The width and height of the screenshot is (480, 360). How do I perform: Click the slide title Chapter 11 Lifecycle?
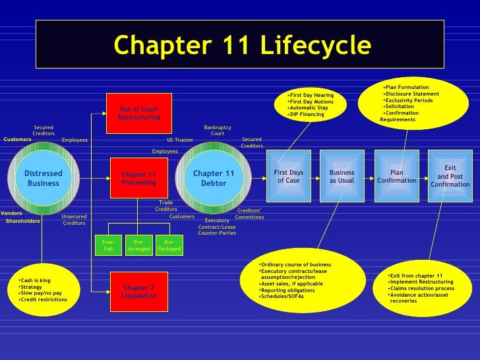click(242, 45)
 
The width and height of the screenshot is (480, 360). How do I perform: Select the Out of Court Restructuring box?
click(138, 113)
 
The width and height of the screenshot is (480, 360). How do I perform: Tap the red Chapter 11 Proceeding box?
click(138, 178)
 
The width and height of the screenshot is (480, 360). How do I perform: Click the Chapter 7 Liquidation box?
click(138, 292)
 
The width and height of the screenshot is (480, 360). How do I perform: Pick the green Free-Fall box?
click(108, 245)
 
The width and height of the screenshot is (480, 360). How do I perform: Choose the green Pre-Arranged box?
click(138, 245)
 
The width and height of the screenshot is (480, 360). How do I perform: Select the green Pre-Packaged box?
click(169, 245)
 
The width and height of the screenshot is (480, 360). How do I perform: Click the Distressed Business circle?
click(44, 178)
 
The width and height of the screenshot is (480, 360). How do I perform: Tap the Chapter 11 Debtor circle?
click(213, 178)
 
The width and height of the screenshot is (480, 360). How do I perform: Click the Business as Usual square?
click(342, 176)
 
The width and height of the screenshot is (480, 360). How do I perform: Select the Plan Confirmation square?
click(396, 176)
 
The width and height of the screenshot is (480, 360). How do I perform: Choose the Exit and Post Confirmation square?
click(450, 176)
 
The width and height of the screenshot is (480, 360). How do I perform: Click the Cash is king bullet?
click(36, 280)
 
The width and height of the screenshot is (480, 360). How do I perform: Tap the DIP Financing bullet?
click(307, 115)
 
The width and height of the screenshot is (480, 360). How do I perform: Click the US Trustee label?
click(179, 140)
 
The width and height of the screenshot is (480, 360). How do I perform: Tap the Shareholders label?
click(23, 221)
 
